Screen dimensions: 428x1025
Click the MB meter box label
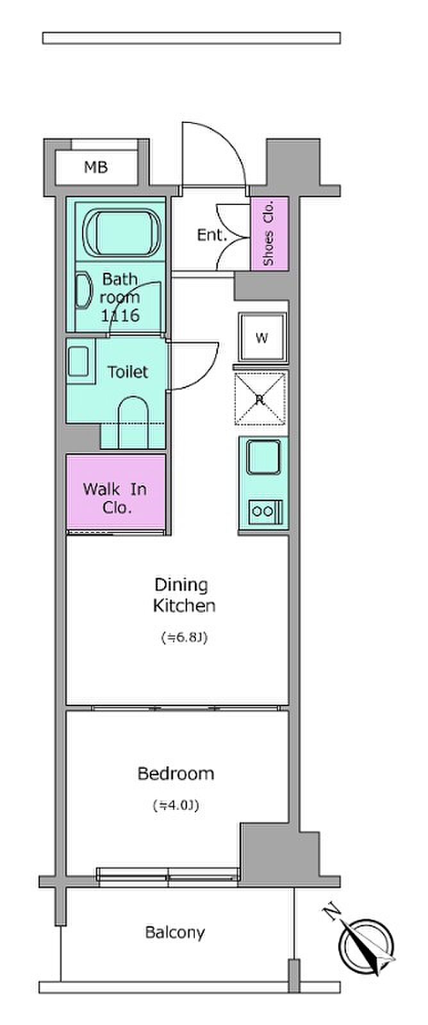click(x=96, y=167)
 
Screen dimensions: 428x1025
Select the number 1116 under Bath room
click(x=120, y=315)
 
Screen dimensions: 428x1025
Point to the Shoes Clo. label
click(x=268, y=233)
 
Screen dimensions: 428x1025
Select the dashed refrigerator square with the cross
click(x=260, y=399)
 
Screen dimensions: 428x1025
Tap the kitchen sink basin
click(x=264, y=457)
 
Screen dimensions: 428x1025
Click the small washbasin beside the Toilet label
click(x=78, y=361)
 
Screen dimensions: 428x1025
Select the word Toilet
click(x=128, y=372)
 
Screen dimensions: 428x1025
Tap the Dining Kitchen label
click(x=184, y=595)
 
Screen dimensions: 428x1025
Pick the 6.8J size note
click(x=185, y=637)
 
